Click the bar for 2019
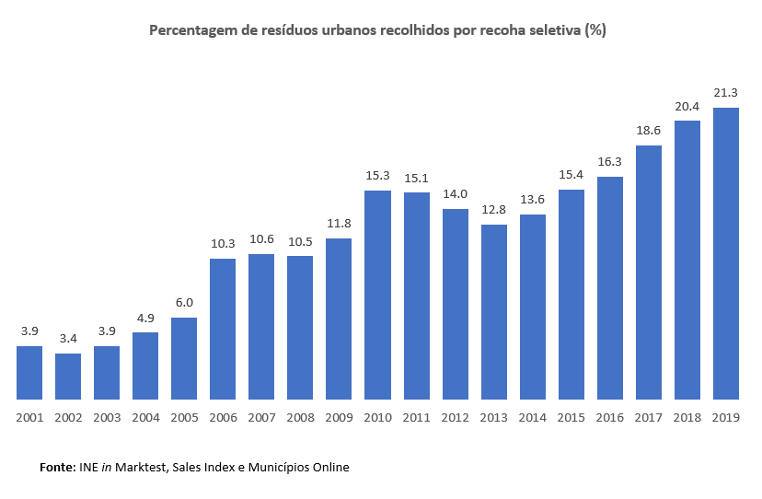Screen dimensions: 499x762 [x=726, y=253]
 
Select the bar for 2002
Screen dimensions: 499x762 [x=68, y=376]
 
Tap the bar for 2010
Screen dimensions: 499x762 [x=377, y=295]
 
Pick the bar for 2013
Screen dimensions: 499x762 [x=494, y=311]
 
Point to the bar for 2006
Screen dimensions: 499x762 [x=223, y=329]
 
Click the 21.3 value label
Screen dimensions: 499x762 [x=726, y=92]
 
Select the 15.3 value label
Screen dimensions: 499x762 [x=377, y=175]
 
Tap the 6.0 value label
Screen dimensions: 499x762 [x=184, y=302]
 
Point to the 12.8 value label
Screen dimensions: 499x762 [x=494, y=209]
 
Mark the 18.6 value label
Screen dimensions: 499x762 [x=649, y=130]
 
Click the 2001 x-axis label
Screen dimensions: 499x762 [x=29, y=417]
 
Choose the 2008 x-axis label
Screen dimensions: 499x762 [x=300, y=417]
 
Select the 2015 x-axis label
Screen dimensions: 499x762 [x=571, y=417]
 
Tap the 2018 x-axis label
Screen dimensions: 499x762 [x=687, y=417]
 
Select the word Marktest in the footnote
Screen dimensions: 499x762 [x=142, y=468]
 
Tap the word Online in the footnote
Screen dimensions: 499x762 [x=329, y=468]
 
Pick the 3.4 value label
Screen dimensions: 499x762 [x=68, y=338]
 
